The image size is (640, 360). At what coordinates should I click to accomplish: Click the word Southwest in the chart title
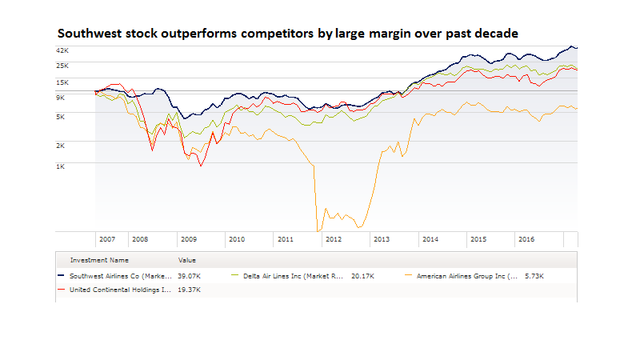[89, 34]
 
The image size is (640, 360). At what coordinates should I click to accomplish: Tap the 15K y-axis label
[62, 82]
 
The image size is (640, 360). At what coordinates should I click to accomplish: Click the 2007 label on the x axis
[106, 239]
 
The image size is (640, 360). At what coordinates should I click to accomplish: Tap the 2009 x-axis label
[188, 239]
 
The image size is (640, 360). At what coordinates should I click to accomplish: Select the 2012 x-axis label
[334, 239]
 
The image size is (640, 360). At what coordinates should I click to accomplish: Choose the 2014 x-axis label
[430, 239]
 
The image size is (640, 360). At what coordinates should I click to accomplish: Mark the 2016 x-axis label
[526, 239]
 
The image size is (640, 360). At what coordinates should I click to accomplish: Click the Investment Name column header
[99, 260]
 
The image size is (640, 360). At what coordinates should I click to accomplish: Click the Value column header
[186, 260]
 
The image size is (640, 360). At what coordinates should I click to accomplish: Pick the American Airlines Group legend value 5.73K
[534, 276]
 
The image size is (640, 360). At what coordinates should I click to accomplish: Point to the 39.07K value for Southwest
[190, 276]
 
